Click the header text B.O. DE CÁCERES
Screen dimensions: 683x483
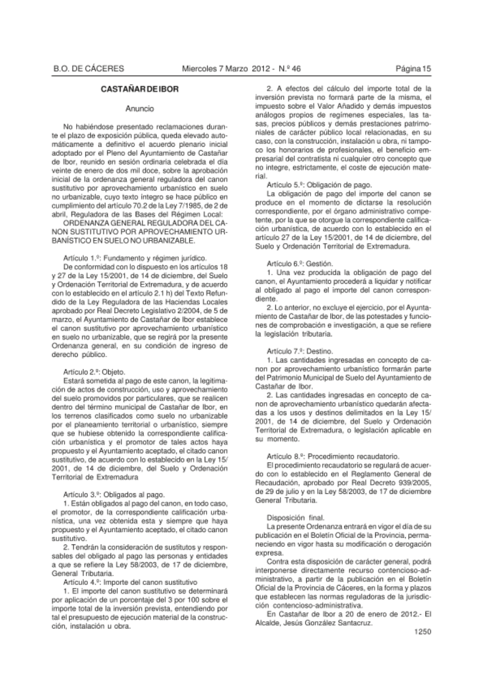pos(88,69)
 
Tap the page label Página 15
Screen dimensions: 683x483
pos(413,69)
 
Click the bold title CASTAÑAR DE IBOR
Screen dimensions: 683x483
pos(140,90)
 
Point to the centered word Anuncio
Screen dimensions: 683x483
pos(140,109)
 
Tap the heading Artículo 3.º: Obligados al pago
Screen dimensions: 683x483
pos(114,495)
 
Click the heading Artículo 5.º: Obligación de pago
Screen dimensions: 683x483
pos(319,185)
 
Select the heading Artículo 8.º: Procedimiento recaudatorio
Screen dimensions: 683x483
pos(333,456)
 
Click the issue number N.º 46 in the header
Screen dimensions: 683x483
pos(290,69)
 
